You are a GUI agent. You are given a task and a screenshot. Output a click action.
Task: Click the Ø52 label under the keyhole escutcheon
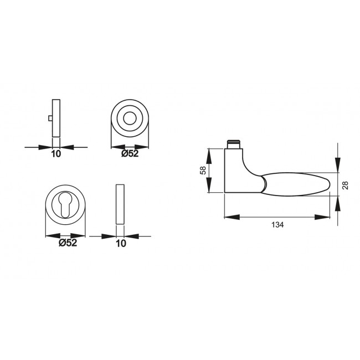pos(66,243)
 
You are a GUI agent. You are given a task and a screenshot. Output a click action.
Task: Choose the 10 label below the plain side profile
pos(121,243)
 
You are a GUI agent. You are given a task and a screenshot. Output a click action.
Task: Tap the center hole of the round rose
pos(131,119)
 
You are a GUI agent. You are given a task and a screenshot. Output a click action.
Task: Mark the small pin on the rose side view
pos(50,118)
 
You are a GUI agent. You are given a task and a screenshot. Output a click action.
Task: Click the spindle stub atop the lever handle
pos(233,144)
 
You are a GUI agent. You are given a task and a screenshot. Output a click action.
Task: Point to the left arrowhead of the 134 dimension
pos(229,217)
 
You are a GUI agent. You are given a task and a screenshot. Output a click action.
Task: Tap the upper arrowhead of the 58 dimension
pos(209,152)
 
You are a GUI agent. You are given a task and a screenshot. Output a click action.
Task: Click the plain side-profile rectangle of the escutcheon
pos(120,204)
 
